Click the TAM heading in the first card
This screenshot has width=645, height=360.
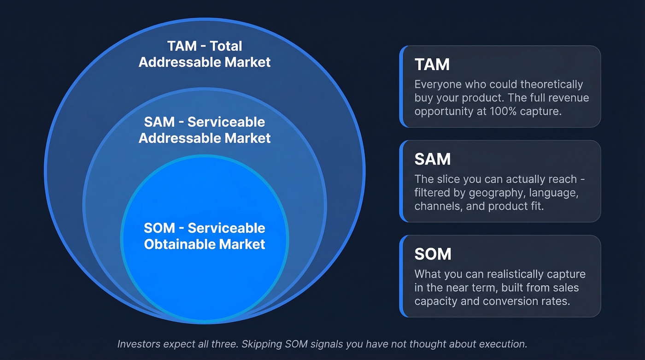tap(432, 64)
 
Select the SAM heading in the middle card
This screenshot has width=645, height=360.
tap(433, 159)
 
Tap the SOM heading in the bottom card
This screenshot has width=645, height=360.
tap(433, 254)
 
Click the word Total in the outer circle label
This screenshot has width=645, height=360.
tap(226, 46)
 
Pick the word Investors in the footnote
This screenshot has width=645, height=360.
tap(139, 344)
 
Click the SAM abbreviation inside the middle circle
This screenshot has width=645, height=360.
tap(159, 122)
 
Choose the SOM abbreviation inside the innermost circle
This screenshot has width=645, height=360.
tap(159, 228)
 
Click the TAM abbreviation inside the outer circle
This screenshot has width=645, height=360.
tap(182, 46)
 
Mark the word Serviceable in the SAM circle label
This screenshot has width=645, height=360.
tap(226, 122)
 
